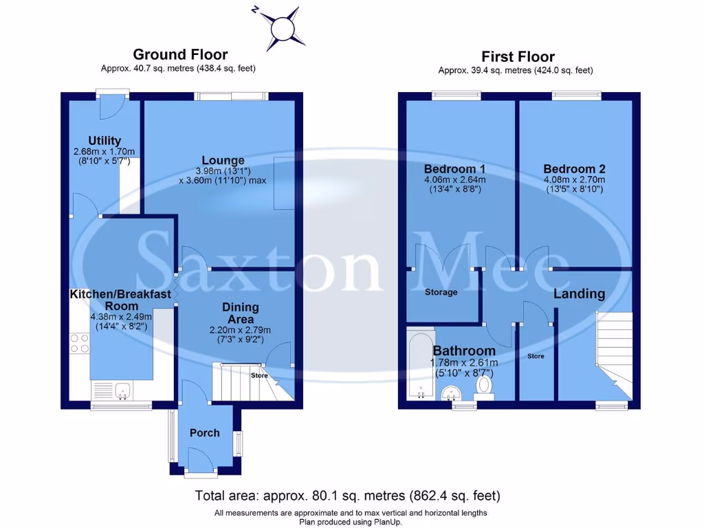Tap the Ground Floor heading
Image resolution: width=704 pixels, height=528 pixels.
coord(180,54)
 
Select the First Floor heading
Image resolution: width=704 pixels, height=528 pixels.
coord(518,56)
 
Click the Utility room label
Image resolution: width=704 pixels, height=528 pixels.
coord(104,140)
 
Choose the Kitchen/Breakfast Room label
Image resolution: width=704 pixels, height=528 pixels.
coord(120,300)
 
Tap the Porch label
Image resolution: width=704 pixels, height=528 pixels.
coord(204,432)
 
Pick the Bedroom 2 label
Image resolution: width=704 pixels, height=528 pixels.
coord(573,169)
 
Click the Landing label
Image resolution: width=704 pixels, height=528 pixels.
coord(580,294)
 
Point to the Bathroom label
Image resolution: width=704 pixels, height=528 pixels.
coord(464,351)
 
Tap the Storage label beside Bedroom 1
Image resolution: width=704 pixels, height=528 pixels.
coord(441,292)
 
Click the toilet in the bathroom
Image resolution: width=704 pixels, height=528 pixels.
coord(484,386)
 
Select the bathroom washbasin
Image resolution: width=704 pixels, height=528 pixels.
coord(451,392)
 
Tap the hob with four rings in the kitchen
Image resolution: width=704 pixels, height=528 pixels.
coord(79,343)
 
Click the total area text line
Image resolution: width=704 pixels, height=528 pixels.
coord(347,495)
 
